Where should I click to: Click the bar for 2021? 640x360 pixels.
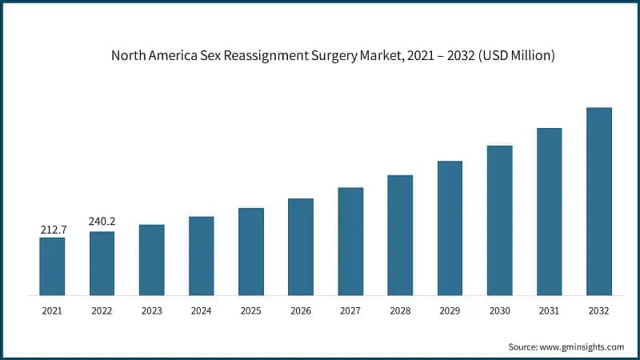(52, 266)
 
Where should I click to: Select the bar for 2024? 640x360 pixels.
(201, 256)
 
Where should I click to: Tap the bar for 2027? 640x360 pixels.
(350, 242)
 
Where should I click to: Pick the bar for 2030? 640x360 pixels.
(499, 221)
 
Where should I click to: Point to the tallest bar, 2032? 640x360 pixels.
(598, 202)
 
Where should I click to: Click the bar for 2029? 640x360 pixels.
(450, 228)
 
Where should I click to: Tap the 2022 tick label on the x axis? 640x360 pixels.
(102, 310)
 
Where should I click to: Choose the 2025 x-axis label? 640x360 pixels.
(250, 310)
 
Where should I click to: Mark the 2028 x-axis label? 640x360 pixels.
(400, 310)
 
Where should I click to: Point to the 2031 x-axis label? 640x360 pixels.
(549, 310)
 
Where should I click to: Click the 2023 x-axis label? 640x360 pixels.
(151, 310)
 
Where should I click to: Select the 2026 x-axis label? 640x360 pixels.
(301, 310)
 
